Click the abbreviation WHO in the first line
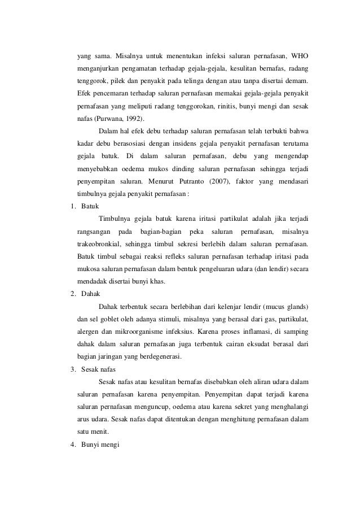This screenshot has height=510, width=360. click(x=300, y=56)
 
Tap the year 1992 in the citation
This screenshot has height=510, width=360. click(x=133, y=118)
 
